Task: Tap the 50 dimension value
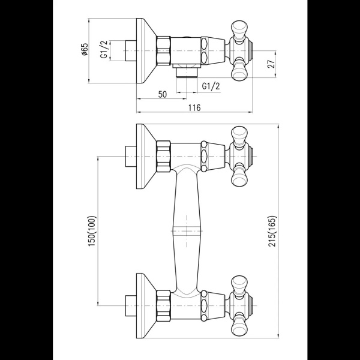(x=162, y=95)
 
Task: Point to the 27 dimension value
(x=272, y=64)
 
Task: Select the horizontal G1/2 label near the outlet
(x=211, y=86)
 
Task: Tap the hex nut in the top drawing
(x=164, y=50)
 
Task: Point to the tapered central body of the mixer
(x=186, y=231)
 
